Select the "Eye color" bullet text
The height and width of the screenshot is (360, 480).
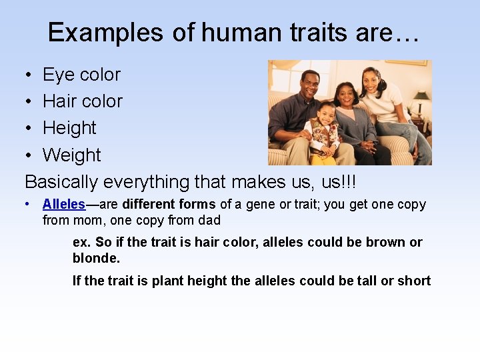coord(81,75)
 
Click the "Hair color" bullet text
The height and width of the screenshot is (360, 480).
coord(83,101)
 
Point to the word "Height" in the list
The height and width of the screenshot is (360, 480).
coord(69,128)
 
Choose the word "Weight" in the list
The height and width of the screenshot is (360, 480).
coord(71,155)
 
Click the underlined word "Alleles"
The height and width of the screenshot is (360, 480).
coord(64,205)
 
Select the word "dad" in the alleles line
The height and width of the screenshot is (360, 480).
coord(209,220)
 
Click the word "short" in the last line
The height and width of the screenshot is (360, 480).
coord(414,281)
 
